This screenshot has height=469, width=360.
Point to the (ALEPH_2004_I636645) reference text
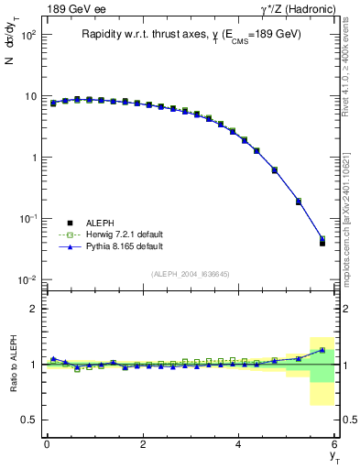coord(191,274)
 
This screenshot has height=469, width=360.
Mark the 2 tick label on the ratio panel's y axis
coord(33,309)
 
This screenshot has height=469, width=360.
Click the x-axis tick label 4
coord(239,444)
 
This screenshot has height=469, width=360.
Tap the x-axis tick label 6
coord(334,444)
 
